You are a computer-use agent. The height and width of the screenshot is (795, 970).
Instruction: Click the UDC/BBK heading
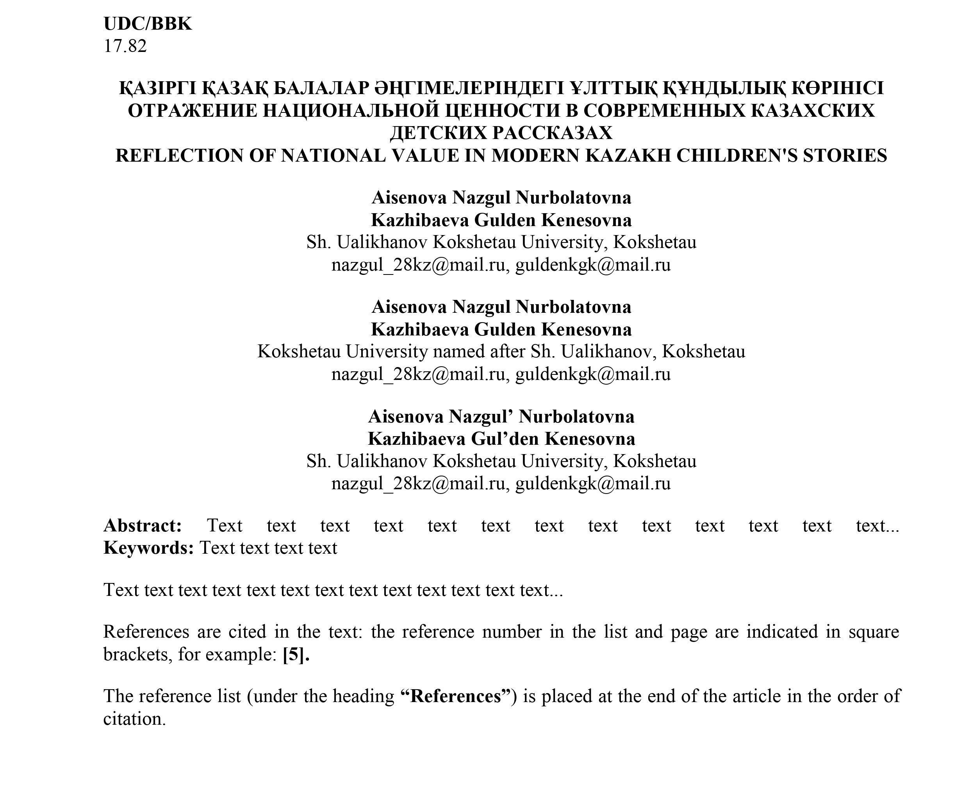(x=148, y=24)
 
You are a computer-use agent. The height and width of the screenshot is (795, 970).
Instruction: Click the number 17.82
(x=125, y=46)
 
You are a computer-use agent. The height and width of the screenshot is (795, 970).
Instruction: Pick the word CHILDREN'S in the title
(x=736, y=156)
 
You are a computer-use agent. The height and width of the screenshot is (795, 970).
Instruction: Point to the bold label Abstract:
(x=143, y=526)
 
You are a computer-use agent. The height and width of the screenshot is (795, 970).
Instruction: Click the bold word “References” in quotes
(x=456, y=696)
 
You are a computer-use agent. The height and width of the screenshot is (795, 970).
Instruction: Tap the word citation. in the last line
(x=134, y=719)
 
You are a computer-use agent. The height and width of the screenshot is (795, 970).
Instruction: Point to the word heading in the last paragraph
(x=363, y=697)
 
